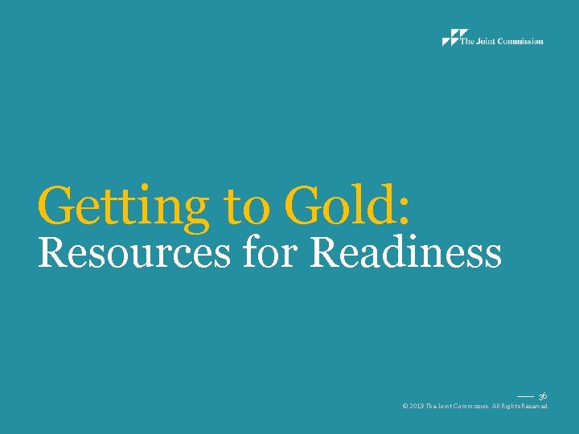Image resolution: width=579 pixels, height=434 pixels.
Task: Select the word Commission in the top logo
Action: (x=519, y=42)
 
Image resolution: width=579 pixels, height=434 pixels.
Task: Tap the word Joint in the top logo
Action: (x=484, y=42)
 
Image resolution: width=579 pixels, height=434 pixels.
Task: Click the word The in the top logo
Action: (x=466, y=42)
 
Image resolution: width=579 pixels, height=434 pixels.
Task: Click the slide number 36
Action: (x=543, y=396)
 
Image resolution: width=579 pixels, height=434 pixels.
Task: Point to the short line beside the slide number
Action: (x=525, y=397)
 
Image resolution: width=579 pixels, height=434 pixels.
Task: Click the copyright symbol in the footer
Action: (x=404, y=407)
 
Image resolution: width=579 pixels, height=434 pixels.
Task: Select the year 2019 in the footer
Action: (x=417, y=407)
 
